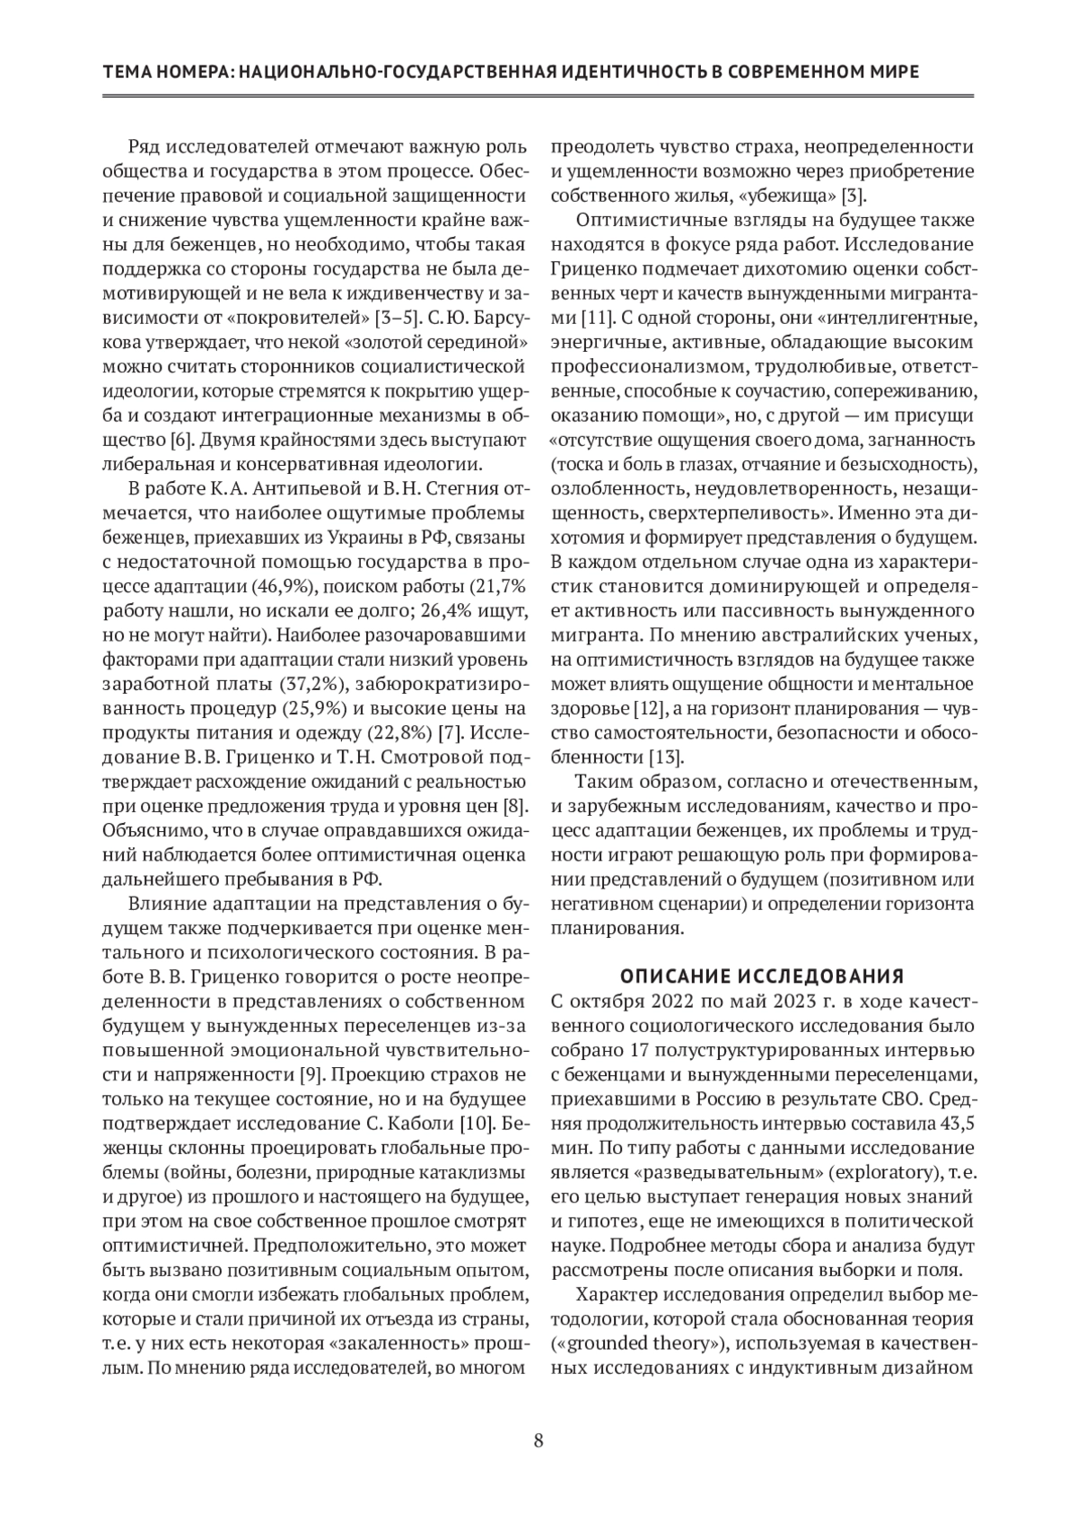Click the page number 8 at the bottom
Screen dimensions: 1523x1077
[538, 1441]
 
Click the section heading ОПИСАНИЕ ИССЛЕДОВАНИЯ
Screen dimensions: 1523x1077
[762, 976]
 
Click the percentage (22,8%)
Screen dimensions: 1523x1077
[400, 732]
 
